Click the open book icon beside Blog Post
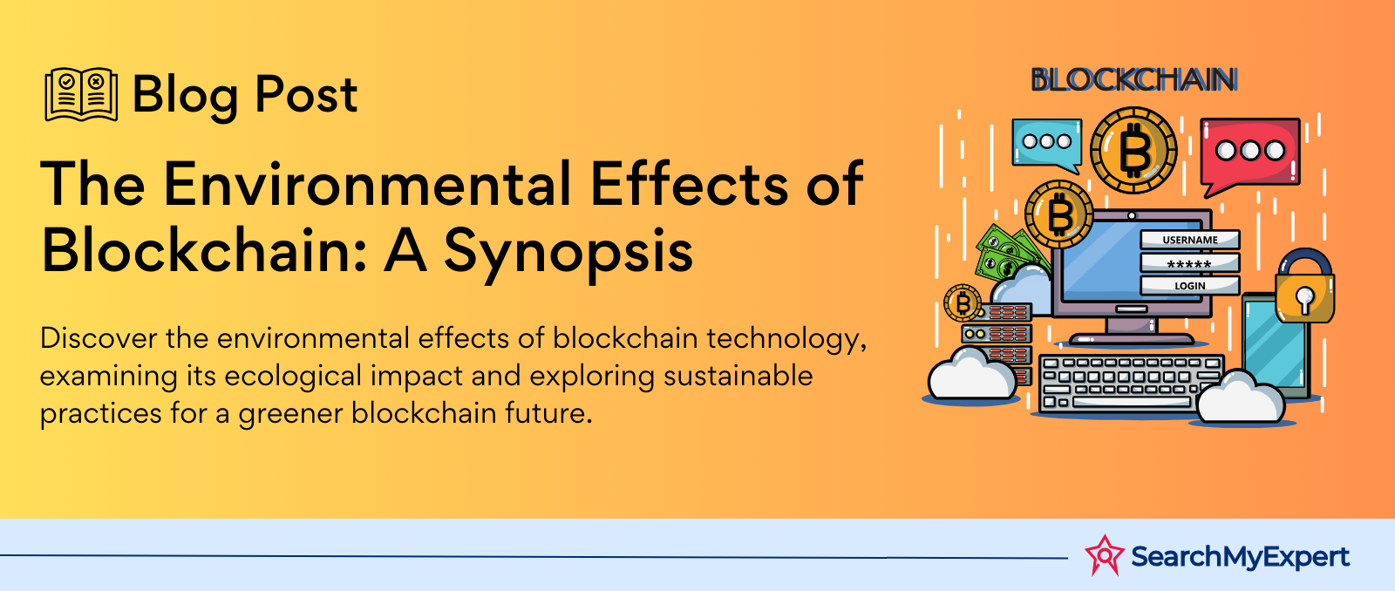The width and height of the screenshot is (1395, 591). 81,94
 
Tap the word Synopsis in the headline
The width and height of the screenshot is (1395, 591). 568,253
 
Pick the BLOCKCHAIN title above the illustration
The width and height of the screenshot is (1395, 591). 1134,80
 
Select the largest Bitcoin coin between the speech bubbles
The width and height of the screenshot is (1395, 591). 1133,149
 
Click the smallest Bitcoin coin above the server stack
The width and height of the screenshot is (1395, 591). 963,303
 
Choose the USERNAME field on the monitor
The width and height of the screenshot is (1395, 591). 1189,240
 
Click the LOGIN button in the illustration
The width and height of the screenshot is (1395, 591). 1189,286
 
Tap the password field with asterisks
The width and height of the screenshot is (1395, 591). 1189,262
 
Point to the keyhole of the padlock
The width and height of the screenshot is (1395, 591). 1304,299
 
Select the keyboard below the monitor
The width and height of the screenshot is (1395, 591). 1130,383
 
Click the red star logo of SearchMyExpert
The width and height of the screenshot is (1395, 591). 1104,555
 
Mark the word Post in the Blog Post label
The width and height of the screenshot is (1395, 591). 306,95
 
